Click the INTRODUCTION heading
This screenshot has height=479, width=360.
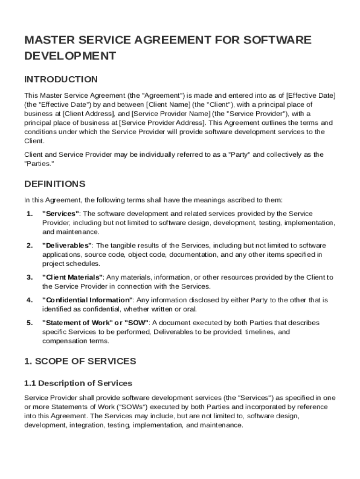coord(61,79)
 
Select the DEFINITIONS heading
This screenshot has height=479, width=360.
coord(54,183)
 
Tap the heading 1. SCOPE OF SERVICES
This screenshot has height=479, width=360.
coord(80,361)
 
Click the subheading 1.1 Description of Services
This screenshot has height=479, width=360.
coord(78,383)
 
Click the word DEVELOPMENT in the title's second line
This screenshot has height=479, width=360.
coord(70,56)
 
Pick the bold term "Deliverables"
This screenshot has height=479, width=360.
coord(67,246)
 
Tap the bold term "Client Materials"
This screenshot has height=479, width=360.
coord(72,277)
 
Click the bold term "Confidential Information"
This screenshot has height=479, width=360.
coord(88,300)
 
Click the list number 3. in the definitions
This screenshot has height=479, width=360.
coord(29,277)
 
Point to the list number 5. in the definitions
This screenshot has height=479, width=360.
coord(29,323)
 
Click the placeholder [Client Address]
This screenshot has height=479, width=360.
coord(88,114)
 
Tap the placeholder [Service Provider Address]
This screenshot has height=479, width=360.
coord(162,123)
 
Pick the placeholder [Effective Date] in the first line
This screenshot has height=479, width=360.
coord(310,95)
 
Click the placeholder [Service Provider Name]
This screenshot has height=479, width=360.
coord(171,114)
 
